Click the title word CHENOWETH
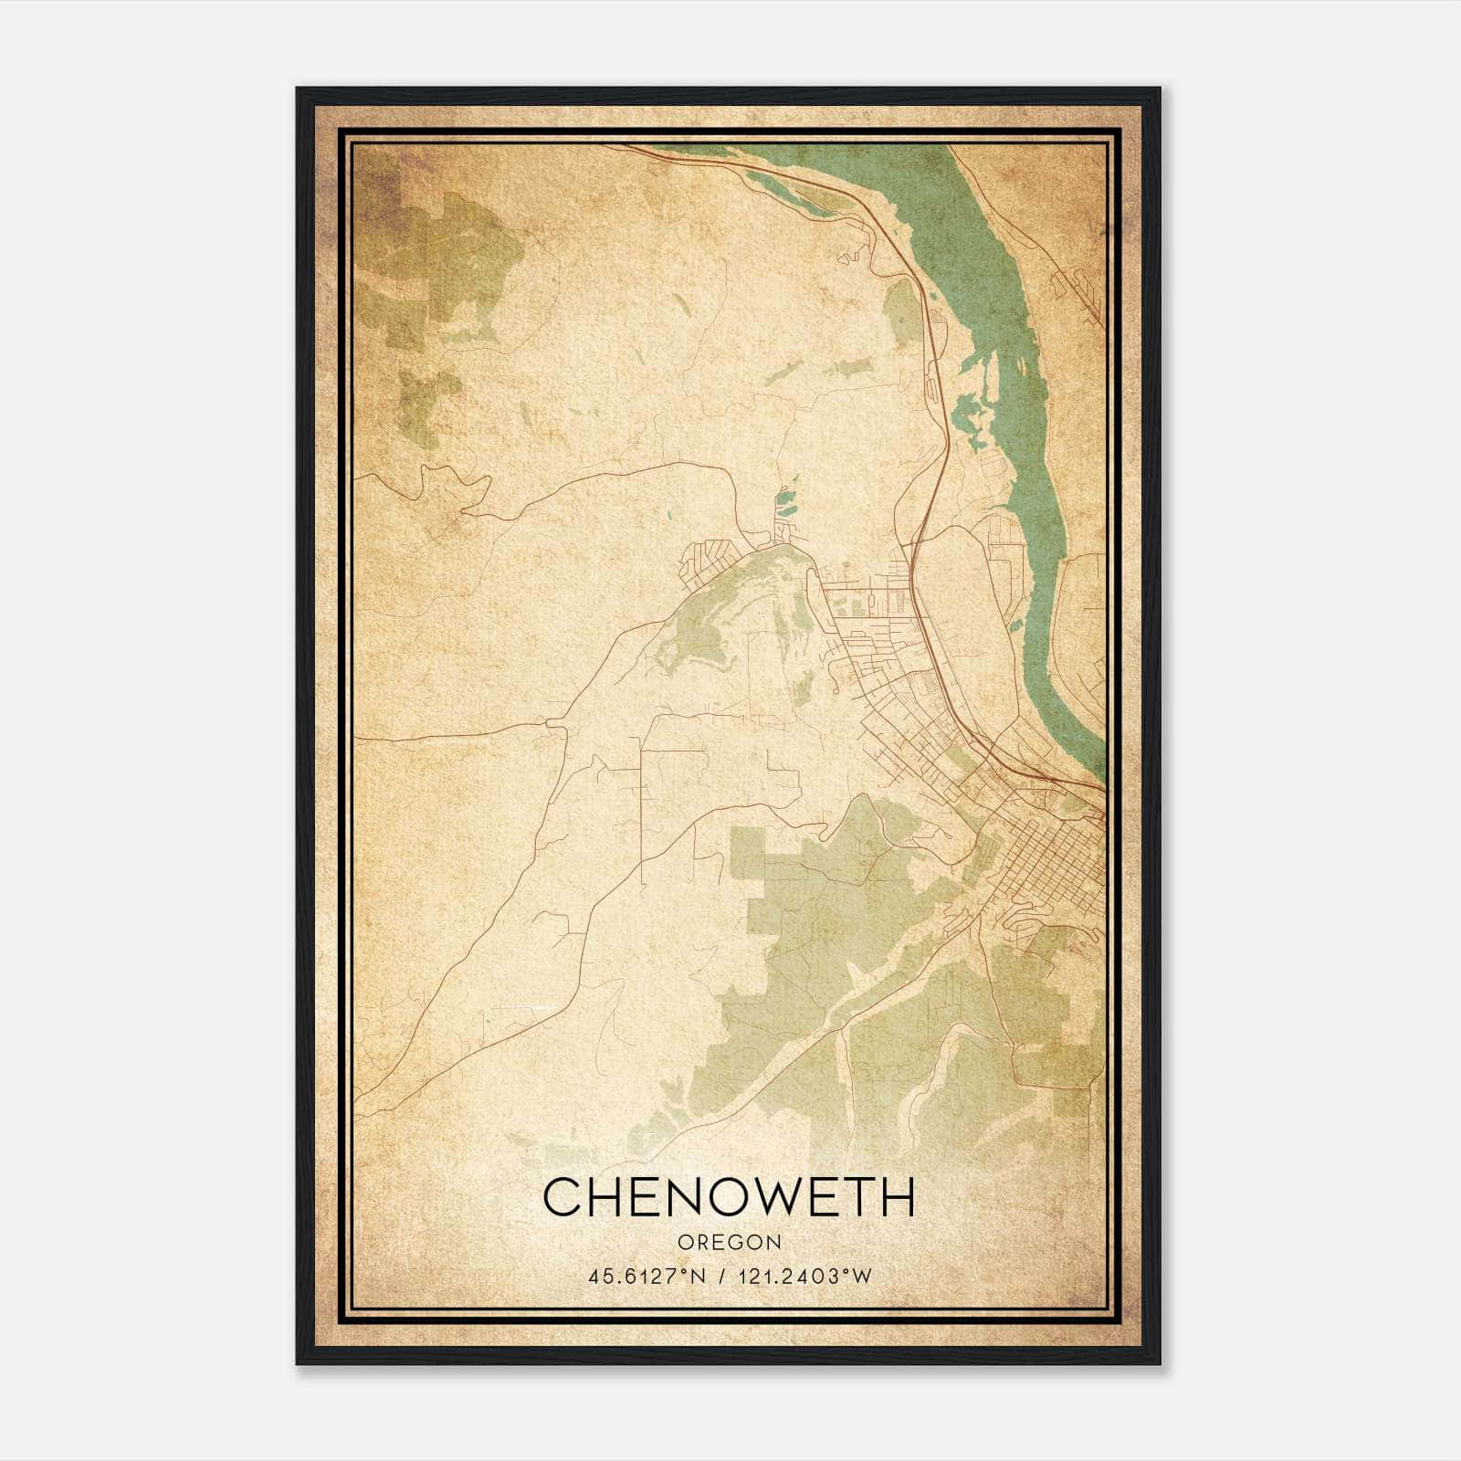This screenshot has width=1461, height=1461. pyautogui.click(x=729, y=1196)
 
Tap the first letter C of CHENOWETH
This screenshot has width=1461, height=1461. pyautogui.click(x=562, y=1197)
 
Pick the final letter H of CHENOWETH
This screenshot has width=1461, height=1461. pyautogui.click(x=896, y=1197)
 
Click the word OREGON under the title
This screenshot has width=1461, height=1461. pyautogui.click(x=729, y=1243)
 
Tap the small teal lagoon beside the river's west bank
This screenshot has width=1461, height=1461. pyautogui.click(x=783, y=499)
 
